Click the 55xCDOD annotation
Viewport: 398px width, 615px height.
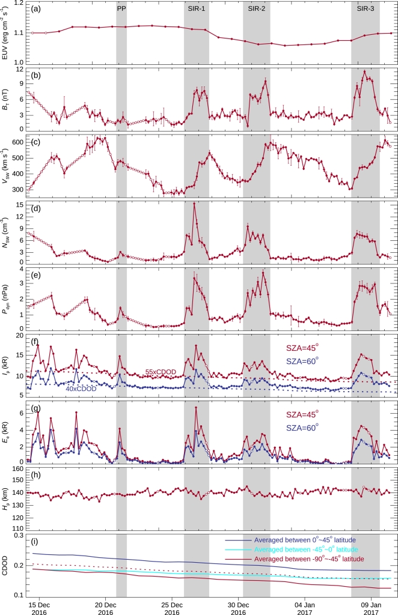pos(161,372)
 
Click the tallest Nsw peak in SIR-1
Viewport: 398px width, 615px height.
pos(194,204)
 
